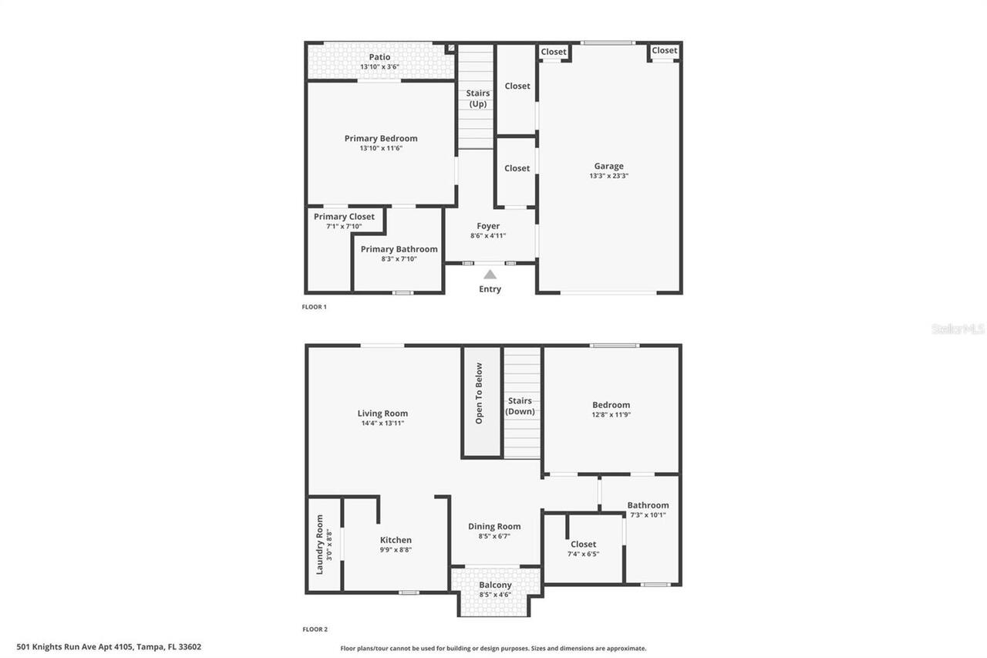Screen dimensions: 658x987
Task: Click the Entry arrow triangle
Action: (490, 274)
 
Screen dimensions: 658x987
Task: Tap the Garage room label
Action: (608, 166)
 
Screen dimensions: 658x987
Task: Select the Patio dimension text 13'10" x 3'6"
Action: (379, 67)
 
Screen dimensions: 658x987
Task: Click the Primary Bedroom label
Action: (381, 139)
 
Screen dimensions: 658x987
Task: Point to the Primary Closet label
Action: (344, 217)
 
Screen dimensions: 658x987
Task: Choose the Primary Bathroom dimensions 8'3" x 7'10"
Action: (399, 259)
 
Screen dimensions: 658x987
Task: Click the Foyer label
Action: (488, 226)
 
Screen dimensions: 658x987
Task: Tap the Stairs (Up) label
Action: (478, 98)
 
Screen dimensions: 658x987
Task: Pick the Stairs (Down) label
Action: (520, 406)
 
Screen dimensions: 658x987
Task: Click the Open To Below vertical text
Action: (479, 393)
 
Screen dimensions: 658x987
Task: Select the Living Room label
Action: (382, 413)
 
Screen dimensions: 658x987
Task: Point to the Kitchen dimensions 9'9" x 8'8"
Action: (396, 550)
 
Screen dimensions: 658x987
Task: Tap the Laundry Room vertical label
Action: (319, 545)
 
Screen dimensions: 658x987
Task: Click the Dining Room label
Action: (494, 527)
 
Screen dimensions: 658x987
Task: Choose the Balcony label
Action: (495, 585)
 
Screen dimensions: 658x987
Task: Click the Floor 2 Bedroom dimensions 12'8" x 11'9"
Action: (611, 415)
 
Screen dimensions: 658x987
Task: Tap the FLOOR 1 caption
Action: (314, 307)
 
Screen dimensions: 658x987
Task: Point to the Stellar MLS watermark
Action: (958, 329)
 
